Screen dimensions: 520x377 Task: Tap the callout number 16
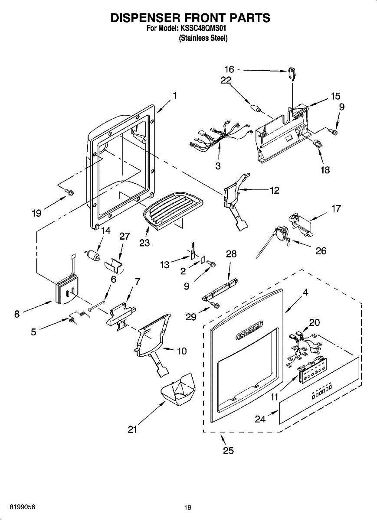[229, 69]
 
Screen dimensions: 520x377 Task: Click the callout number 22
[226, 81]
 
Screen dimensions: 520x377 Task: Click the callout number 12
[274, 190]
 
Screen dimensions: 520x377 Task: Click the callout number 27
[125, 236]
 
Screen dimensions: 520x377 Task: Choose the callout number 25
[228, 451]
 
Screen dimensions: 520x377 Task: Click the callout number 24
[260, 419]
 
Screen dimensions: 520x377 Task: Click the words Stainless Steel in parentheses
[203, 38]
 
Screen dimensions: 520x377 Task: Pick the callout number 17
[336, 208]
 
